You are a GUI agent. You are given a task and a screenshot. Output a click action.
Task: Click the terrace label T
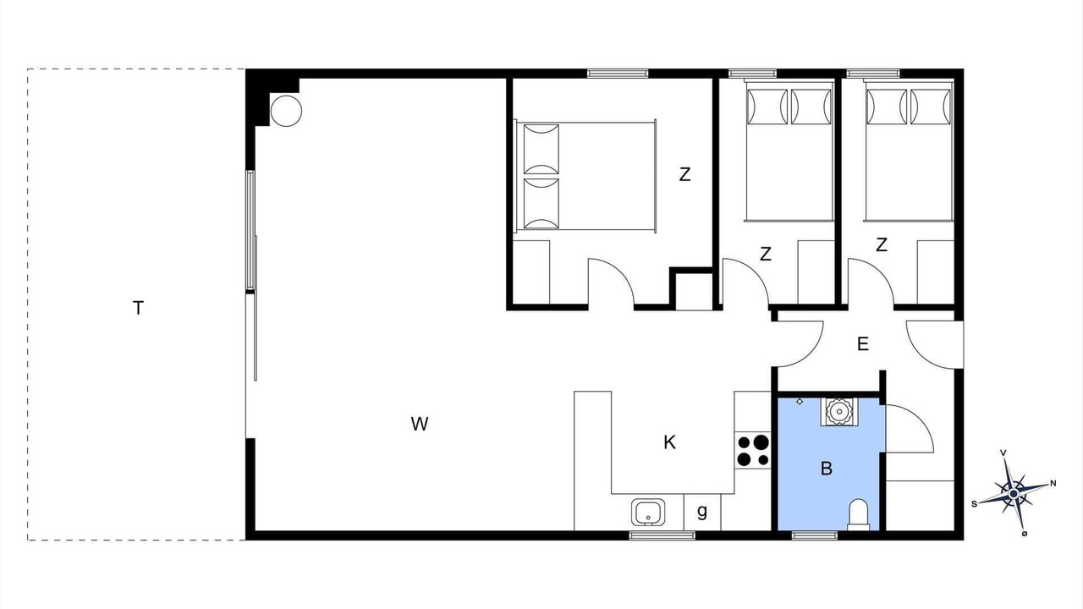[x=138, y=308]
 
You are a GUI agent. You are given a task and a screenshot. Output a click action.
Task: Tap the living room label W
[x=420, y=424]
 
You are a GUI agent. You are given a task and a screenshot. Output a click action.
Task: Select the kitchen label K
[x=669, y=442]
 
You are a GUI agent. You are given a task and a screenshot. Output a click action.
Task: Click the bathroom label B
[x=827, y=469]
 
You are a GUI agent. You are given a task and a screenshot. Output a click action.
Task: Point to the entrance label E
[x=862, y=344]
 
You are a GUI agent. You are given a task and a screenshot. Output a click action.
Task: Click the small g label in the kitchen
[x=702, y=512]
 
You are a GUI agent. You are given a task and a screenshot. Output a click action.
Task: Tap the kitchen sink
[x=648, y=513]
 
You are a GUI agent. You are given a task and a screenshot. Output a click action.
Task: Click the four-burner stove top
[x=753, y=451]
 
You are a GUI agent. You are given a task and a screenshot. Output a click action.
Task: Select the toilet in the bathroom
[x=859, y=515]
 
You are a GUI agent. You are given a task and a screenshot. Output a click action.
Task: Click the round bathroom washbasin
[x=838, y=412]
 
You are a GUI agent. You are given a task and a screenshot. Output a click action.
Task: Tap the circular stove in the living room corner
[x=286, y=111]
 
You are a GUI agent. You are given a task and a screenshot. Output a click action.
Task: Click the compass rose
[x=1014, y=493]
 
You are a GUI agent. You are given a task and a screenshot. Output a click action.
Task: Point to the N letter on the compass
[x=1053, y=483]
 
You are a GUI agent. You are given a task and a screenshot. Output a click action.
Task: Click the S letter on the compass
[x=974, y=504]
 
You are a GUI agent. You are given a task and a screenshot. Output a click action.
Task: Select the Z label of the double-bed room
[x=684, y=174]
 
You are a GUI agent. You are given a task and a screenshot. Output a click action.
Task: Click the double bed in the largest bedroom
[x=585, y=176]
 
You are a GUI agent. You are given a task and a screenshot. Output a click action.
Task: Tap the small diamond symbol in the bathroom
[x=800, y=401]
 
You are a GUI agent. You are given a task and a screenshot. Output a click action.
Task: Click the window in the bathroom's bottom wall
[x=815, y=535]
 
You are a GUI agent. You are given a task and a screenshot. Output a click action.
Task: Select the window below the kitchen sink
[x=662, y=535]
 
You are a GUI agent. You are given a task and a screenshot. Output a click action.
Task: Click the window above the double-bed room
[x=618, y=74]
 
